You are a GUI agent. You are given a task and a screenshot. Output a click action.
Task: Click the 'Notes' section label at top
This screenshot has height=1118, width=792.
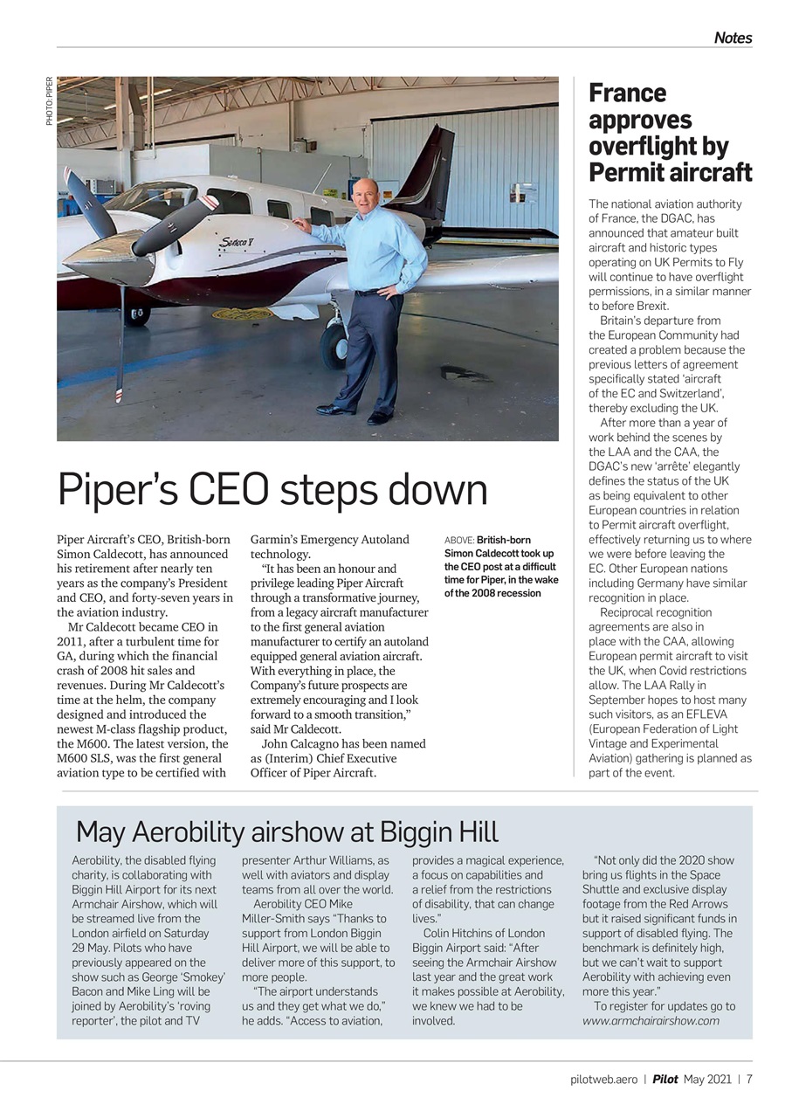[732, 38]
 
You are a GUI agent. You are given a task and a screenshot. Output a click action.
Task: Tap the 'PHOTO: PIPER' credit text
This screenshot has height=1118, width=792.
[50, 100]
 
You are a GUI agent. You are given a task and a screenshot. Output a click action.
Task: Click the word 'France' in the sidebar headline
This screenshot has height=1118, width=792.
[627, 93]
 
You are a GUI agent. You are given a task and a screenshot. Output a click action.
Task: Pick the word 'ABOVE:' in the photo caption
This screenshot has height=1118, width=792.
[458, 541]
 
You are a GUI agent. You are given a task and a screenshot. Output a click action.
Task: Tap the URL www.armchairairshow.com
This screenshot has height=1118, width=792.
[651, 1020]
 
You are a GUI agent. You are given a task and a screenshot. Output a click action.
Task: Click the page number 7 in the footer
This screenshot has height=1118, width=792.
[749, 1079]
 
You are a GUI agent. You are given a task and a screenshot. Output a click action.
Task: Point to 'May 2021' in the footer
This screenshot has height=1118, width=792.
[706, 1079]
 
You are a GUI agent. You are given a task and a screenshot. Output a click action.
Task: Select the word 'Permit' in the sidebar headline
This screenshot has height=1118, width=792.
[629, 171]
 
